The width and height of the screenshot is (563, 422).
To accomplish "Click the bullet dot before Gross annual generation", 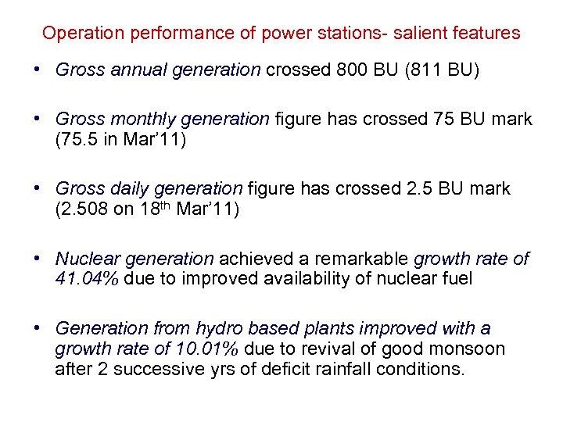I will (38, 70).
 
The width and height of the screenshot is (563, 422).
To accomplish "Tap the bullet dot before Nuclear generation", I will (38, 259).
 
